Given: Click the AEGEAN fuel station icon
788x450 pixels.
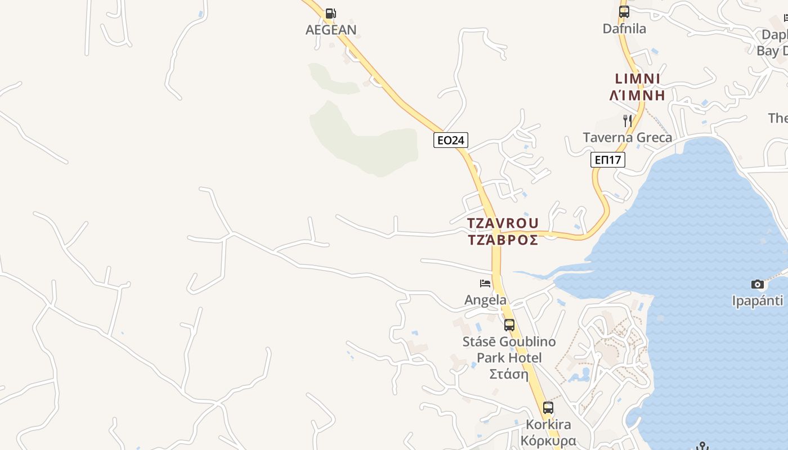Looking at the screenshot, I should coord(331,13).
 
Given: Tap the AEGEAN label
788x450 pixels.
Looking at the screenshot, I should coord(331,30).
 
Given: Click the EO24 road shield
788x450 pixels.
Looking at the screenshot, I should coord(450,140).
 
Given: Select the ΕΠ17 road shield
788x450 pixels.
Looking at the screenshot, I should coord(608,160).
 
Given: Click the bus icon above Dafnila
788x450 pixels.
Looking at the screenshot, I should coord(624,12).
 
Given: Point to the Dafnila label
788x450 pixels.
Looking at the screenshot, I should coord(624,29).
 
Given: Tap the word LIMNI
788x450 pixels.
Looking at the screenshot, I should coord(638,79).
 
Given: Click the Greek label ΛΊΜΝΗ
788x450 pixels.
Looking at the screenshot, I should coord(638,95).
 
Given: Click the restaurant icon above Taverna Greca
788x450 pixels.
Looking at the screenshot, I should coord(628,120).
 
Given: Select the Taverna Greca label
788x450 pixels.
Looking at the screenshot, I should coord(627,138).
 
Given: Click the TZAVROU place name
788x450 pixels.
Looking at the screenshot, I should coord(503,223).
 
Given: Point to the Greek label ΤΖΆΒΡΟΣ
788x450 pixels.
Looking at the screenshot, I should coord(503,240).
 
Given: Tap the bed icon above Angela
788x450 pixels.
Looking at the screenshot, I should coord(485,283).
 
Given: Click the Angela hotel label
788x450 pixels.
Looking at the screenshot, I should coord(485,300).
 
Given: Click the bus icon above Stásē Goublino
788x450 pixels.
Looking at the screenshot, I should coord(509,325).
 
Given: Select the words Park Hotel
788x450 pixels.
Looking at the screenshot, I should coord(509,358).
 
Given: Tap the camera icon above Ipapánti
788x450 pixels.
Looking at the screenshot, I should coord(758,284).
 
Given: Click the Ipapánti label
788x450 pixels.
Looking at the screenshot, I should coord(758,301).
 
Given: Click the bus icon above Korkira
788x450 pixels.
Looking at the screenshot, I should coord(548,408).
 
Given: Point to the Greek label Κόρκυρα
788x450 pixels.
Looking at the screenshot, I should coord(548,440).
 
